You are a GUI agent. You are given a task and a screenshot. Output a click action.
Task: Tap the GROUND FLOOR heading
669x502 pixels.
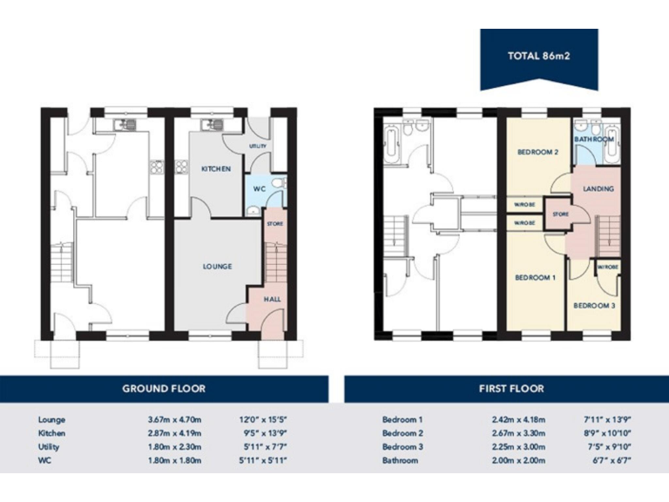pyautogui.click(x=164, y=388)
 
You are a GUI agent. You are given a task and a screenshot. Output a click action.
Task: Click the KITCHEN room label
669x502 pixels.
pyautogui.click(x=216, y=168)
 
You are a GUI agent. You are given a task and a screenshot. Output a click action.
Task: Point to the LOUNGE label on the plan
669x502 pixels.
pyautogui.click(x=218, y=266)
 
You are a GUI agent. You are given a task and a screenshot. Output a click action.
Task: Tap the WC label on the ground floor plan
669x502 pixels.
pyautogui.click(x=259, y=188)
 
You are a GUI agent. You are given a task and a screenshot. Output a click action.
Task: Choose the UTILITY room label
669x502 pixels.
pyautogui.click(x=258, y=146)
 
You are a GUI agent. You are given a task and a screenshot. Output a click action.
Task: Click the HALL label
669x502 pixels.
pyautogui.click(x=272, y=299)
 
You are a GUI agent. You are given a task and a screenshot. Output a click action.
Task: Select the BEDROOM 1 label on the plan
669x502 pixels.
pyautogui.click(x=535, y=277)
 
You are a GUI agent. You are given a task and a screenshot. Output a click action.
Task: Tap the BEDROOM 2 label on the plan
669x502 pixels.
pyautogui.click(x=537, y=152)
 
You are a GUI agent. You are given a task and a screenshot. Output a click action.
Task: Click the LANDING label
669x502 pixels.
pyautogui.click(x=598, y=188)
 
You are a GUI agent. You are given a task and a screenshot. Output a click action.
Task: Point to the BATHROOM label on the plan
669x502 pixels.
pyautogui.click(x=594, y=139)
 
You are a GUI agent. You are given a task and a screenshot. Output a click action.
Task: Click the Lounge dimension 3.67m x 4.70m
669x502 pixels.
pyautogui.click(x=174, y=419)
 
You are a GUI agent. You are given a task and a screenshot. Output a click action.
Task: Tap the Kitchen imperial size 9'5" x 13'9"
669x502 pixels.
pyautogui.click(x=262, y=432)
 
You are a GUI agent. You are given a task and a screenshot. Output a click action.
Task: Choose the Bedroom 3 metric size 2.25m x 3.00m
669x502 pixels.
pyautogui.click(x=517, y=446)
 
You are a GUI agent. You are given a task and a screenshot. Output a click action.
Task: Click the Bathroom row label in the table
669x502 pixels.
pyautogui.click(x=400, y=460)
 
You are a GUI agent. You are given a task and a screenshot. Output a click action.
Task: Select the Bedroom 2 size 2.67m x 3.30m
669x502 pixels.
pyautogui.click(x=517, y=432)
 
